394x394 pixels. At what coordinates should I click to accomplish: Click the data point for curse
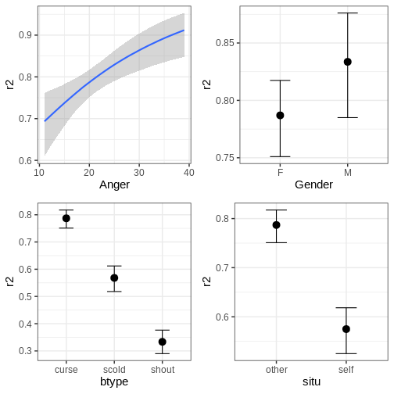tap(66, 218)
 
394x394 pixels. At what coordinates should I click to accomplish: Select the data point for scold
tap(114, 278)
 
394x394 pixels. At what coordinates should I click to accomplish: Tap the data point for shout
tap(163, 342)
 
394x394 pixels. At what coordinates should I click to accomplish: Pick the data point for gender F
tap(280, 116)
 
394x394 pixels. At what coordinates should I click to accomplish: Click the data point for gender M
tap(348, 62)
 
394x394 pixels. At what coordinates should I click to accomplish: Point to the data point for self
tap(346, 329)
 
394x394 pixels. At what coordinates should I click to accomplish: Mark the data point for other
tap(277, 225)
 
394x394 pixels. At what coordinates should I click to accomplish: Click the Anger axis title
tap(114, 185)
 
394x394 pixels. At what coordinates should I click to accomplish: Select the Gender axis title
tap(313, 184)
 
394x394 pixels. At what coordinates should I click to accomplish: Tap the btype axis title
tap(114, 382)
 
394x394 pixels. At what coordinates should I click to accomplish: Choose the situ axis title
tap(311, 381)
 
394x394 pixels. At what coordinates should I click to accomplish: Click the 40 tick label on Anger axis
tap(189, 173)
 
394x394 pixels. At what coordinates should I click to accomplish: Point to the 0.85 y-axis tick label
tap(224, 43)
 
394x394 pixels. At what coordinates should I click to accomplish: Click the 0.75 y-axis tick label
tap(224, 158)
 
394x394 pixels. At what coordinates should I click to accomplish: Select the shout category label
tap(163, 370)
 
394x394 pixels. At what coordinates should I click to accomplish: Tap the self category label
tap(346, 370)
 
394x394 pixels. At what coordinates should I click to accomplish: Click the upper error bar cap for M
tap(348, 13)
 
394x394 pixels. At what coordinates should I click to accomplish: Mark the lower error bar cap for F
tap(280, 156)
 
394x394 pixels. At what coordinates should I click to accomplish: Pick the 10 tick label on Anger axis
tap(39, 173)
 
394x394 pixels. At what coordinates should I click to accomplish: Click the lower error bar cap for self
tap(346, 353)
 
